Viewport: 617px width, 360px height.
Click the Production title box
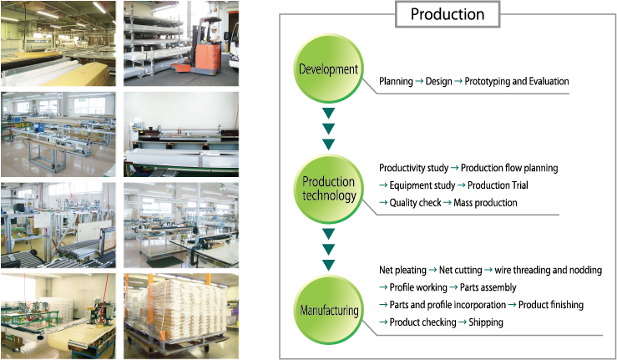[x=448, y=14]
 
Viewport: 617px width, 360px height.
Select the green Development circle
[x=329, y=68]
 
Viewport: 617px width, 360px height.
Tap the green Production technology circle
[x=329, y=189]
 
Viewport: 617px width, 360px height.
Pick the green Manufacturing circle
[x=329, y=310]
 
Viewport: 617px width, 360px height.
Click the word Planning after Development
[x=396, y=82]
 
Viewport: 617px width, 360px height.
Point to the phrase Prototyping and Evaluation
[x=517, y=81]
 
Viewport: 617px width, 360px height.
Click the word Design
[x=439, y=82]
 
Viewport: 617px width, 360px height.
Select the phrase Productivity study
[x=413, y=168]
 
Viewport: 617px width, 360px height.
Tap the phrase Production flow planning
[x=509, y=168]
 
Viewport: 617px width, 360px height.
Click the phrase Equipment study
[x=422, y=185]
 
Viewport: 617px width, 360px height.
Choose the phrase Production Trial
[x=498, y=185]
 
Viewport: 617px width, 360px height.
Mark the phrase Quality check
[x=415, y=203]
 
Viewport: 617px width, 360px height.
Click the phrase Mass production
[x=485, y=203]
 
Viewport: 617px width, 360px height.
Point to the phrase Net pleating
[x=402, y=270]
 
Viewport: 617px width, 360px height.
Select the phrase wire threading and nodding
[x=549, y=270]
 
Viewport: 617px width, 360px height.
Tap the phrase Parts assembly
[x=488, y=287]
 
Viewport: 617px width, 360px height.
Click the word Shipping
[x=486, y=322]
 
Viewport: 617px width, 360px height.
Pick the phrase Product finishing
[x=551, y=305]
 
